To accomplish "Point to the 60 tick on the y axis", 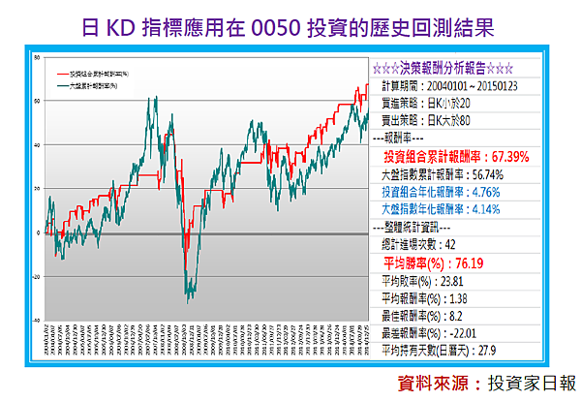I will pos(36,100).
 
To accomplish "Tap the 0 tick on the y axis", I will pos(37,232).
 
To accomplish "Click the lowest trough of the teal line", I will pos(191,303).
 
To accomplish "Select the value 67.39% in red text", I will pos(510,156).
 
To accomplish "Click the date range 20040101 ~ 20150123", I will pos(471,87).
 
